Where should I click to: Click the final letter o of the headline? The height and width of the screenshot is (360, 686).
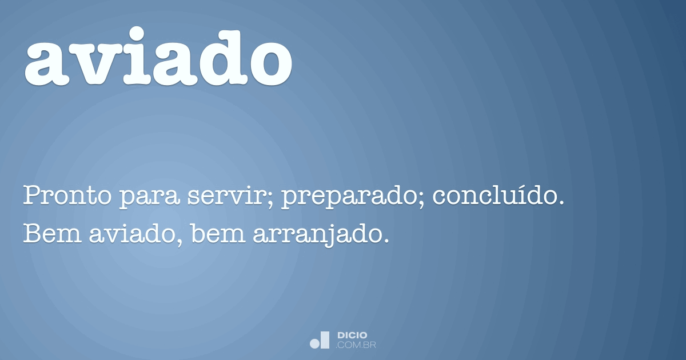pos(269,61)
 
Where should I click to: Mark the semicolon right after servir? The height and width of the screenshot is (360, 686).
pos(271,199)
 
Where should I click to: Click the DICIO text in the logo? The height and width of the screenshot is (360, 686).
pos(353,335)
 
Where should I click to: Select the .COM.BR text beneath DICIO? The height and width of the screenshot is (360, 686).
pos(356,345)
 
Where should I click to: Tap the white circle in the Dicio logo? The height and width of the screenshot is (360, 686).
pos(314,343)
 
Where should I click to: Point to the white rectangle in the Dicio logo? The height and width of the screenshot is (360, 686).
pos(325,339)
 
